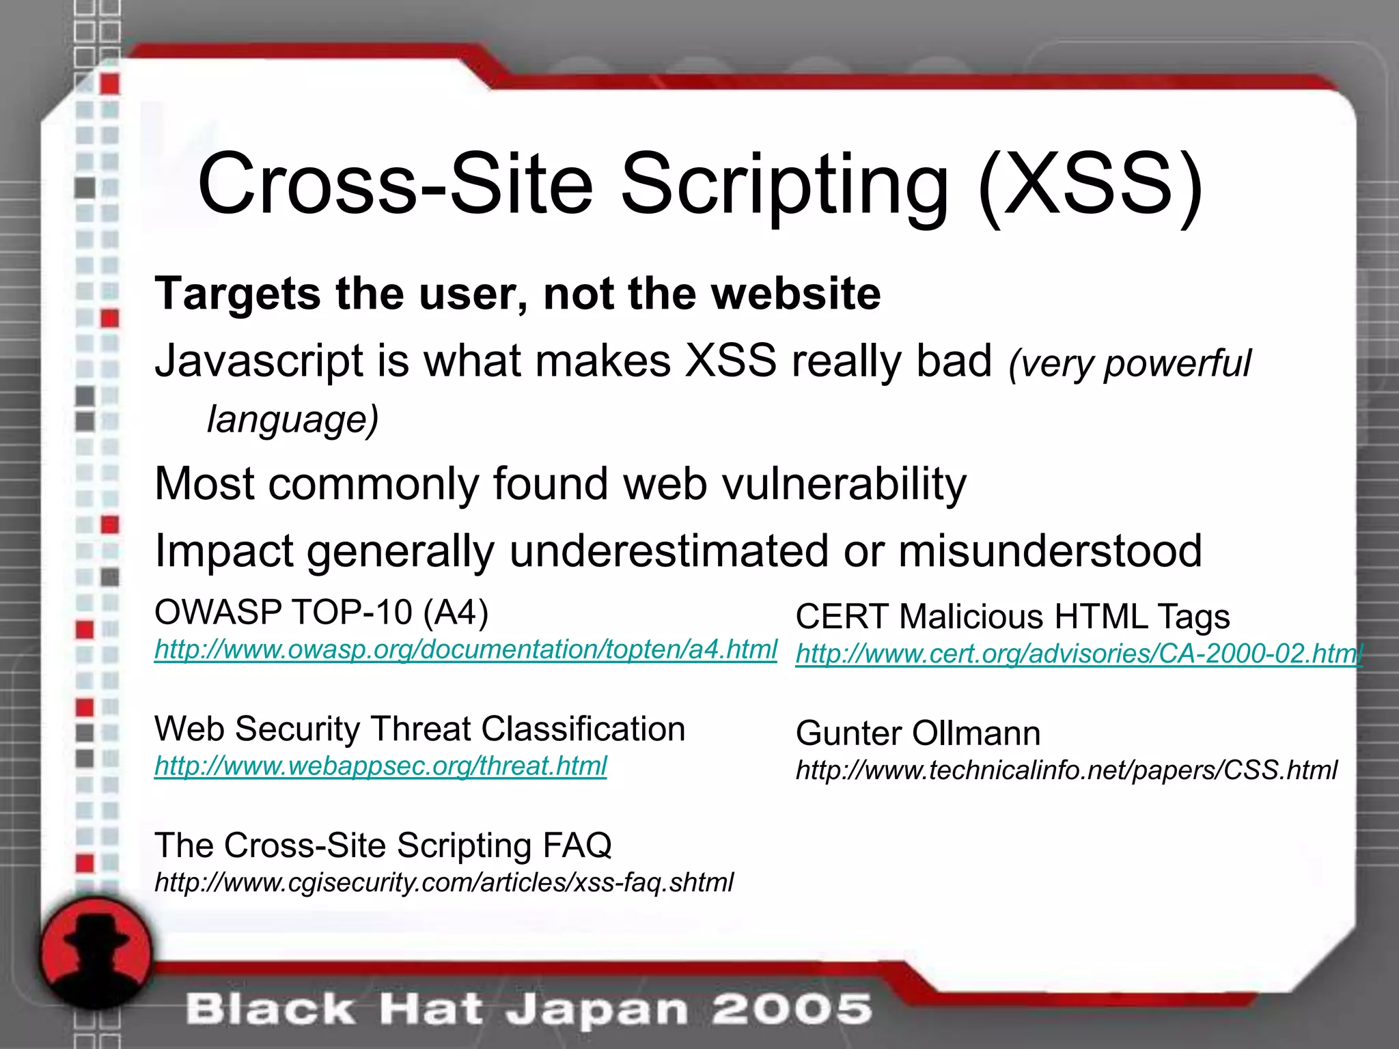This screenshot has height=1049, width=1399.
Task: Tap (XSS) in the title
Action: tap(1090, 186)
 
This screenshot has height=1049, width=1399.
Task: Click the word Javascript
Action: tap(259, 361)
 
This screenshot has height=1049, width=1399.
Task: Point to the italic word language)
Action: tap(292, 419)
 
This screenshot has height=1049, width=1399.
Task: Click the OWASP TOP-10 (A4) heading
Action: tap(321, 613)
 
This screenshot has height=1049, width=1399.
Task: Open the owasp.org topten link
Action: tap(465, 649)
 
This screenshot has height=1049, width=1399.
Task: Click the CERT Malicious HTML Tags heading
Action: tap(1012, 617)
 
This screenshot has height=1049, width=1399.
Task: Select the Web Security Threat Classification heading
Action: tap(419, 729)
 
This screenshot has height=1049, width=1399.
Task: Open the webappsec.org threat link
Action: tap(380, 766)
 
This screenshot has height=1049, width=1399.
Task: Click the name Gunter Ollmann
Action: tap(917, 733)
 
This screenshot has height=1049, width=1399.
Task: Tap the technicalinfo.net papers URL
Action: tap(1066, 770)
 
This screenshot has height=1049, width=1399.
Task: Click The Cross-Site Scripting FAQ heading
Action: tap(383, 845)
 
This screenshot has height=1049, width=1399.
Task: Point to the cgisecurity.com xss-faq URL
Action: tap(444, 882)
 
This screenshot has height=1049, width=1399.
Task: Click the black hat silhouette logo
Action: tap(96, 953)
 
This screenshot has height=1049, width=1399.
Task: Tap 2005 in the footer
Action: tap(792, 1009)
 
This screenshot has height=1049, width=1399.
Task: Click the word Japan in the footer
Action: tap(596, 1011)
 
